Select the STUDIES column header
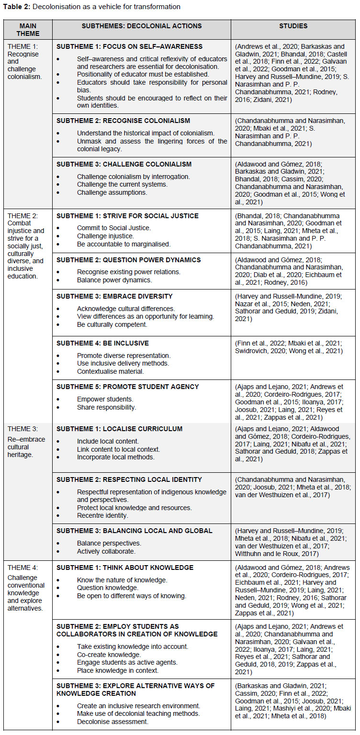coord(293,26)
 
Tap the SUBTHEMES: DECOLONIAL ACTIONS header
coord(141,26)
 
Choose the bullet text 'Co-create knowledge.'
coord(109,654)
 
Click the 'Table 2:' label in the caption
coord(17,7)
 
